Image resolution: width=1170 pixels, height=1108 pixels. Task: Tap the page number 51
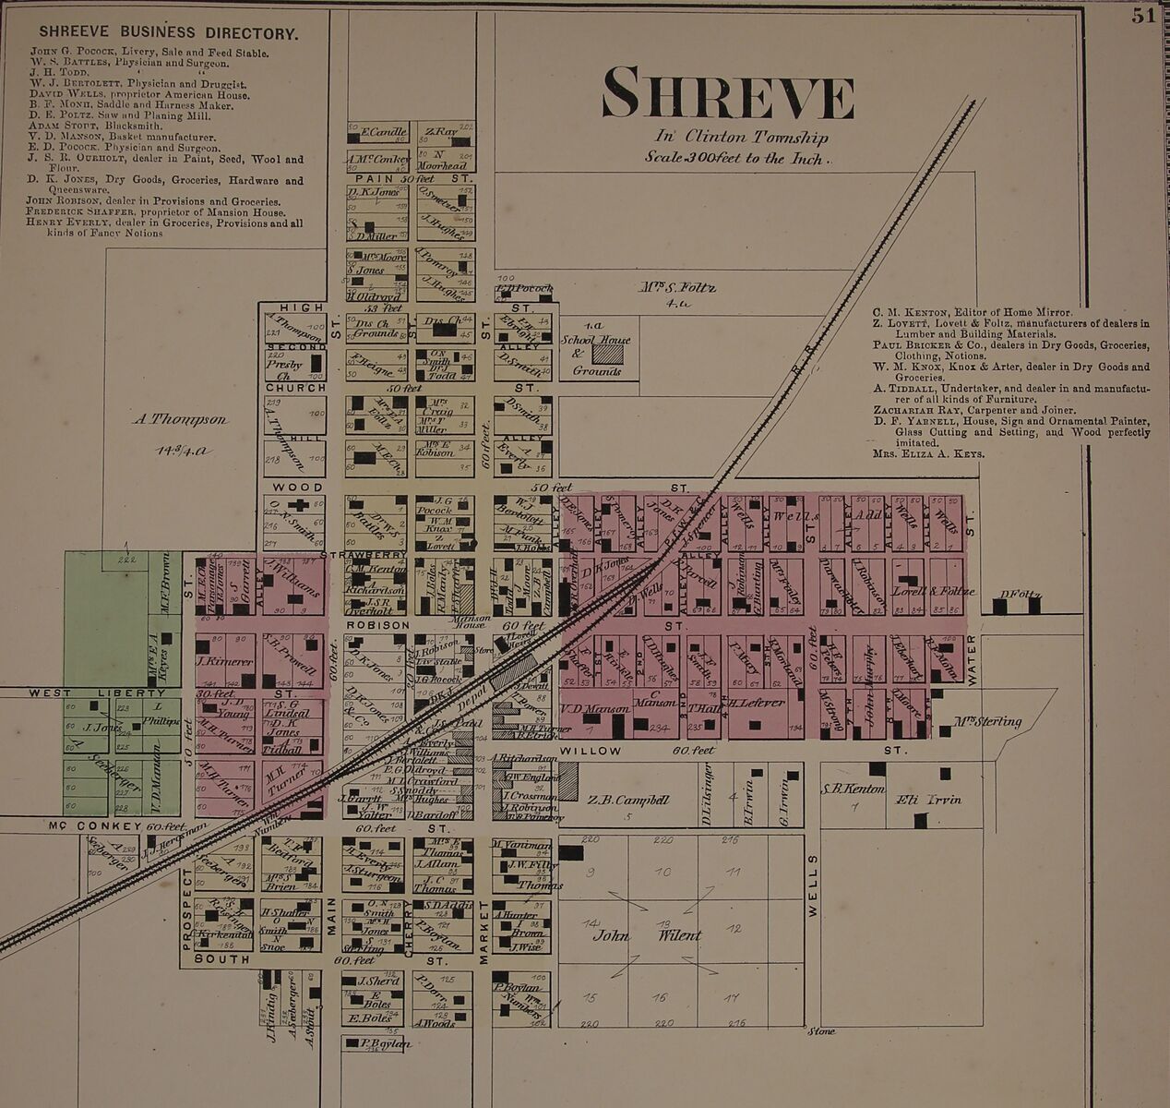(x=1143, y=17)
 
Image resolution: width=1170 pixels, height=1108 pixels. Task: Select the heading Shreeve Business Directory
(x=168, y=34)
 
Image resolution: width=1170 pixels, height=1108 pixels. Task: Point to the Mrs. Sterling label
(x=987, y=721)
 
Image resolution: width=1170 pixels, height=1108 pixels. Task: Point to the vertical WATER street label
(x=972, y=663)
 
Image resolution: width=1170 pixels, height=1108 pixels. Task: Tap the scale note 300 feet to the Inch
(x=738, y=157)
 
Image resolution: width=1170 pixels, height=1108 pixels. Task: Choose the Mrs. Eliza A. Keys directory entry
(x=928, y=454)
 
